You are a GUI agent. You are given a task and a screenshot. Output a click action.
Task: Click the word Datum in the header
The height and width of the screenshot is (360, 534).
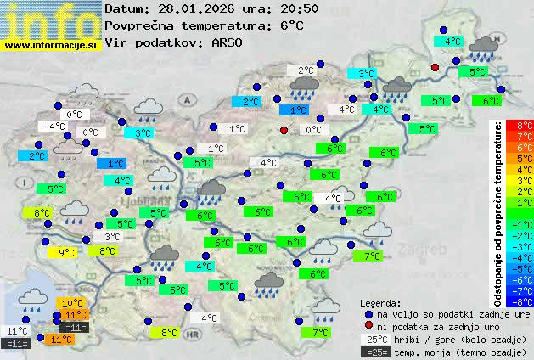tap(126, 8)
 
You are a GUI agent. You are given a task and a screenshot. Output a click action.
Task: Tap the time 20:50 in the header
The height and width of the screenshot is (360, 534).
tap(277, 8)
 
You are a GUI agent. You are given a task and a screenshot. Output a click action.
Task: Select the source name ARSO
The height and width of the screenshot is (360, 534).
tap(228, 41)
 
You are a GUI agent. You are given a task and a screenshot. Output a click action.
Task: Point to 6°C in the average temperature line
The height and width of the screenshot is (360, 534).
tap(291, 25)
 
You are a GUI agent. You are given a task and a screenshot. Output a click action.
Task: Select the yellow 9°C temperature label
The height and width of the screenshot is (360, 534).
tap(65, 252)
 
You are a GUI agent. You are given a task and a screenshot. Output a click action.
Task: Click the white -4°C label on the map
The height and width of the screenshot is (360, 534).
tap(55, 127)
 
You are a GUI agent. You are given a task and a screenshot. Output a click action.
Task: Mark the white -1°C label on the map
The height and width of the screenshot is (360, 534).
tap(214, 149)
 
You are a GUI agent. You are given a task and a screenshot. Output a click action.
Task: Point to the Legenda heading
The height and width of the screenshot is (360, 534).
tap(380, 303)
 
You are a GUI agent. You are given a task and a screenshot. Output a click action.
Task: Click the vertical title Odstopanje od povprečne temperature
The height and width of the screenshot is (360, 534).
tap(498, 212)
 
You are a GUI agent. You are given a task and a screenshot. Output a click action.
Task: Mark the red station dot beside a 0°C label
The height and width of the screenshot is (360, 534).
tap(284, 130)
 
